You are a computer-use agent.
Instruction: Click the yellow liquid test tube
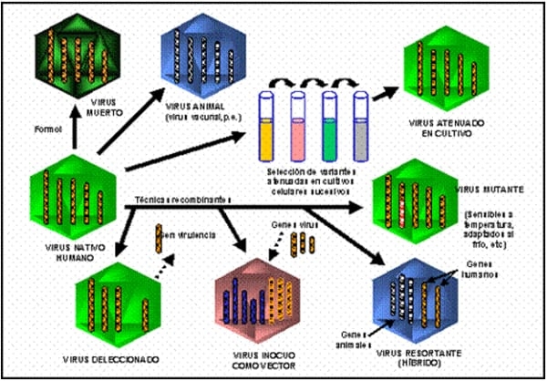tap(267, 124)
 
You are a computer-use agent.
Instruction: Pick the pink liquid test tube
tap(297, 124)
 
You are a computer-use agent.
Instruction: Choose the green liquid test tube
tap(329, 124)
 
